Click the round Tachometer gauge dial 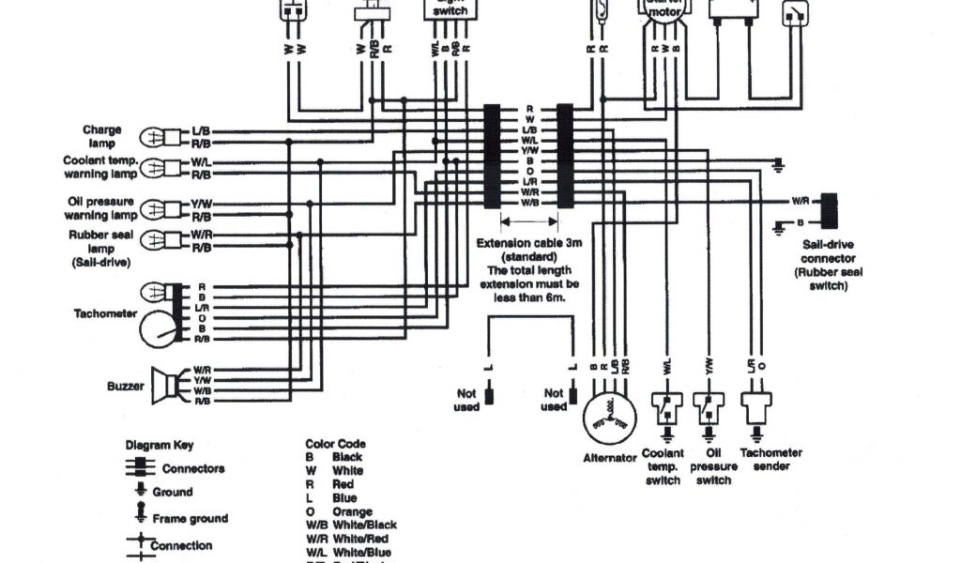[159, 329]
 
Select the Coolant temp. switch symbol [664, 408]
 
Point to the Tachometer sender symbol [755, 406]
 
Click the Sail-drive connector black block [829, 211]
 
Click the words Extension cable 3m [528, 242]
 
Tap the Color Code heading [336, 443]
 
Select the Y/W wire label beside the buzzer [202, 380]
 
